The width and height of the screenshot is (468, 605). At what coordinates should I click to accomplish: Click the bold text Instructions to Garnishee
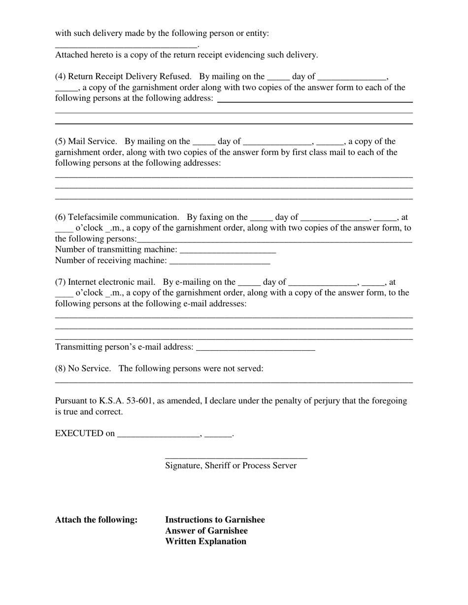[x=215, y=520]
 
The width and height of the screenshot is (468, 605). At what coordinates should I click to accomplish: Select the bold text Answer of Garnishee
[x=206, y=531]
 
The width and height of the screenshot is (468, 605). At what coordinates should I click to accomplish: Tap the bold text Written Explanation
[x=205, y=542]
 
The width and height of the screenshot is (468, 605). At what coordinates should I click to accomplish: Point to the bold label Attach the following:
[x=97, y=520]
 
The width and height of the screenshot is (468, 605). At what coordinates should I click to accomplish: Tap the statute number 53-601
[x=140, y=401]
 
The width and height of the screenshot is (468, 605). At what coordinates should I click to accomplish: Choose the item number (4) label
[x=61, y=77]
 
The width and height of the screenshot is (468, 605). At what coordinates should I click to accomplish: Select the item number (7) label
[x=61, y=282]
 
